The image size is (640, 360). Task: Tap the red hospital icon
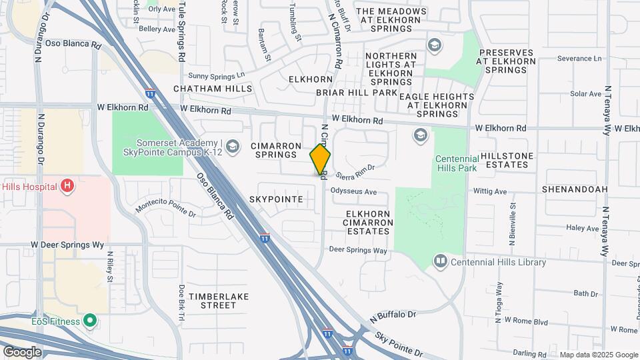67,186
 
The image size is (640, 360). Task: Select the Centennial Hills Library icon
440,261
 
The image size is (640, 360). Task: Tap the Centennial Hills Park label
463,164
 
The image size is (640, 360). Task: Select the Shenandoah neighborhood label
574,189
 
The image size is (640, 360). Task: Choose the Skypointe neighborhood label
276,199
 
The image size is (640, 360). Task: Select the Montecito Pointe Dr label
166,209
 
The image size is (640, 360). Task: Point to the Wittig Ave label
490,191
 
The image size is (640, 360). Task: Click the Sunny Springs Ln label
217,76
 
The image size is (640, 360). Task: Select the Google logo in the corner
22,351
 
